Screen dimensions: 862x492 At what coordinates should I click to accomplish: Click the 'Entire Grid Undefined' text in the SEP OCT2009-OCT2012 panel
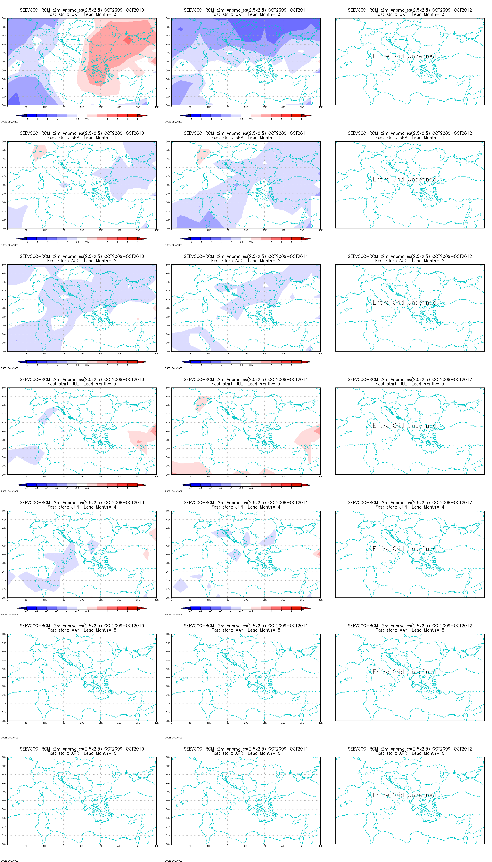coord(404,179)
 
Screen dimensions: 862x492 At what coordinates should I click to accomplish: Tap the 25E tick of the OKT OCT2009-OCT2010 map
coord(100,107)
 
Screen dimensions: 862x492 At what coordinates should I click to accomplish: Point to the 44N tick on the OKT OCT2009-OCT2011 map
coord(168,44)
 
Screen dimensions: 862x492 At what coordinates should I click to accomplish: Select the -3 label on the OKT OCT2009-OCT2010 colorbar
coord(47,119)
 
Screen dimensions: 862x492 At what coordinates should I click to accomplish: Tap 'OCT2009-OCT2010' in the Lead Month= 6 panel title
coord(124,749)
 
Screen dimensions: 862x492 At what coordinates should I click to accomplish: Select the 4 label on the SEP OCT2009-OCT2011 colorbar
coord(291,242)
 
